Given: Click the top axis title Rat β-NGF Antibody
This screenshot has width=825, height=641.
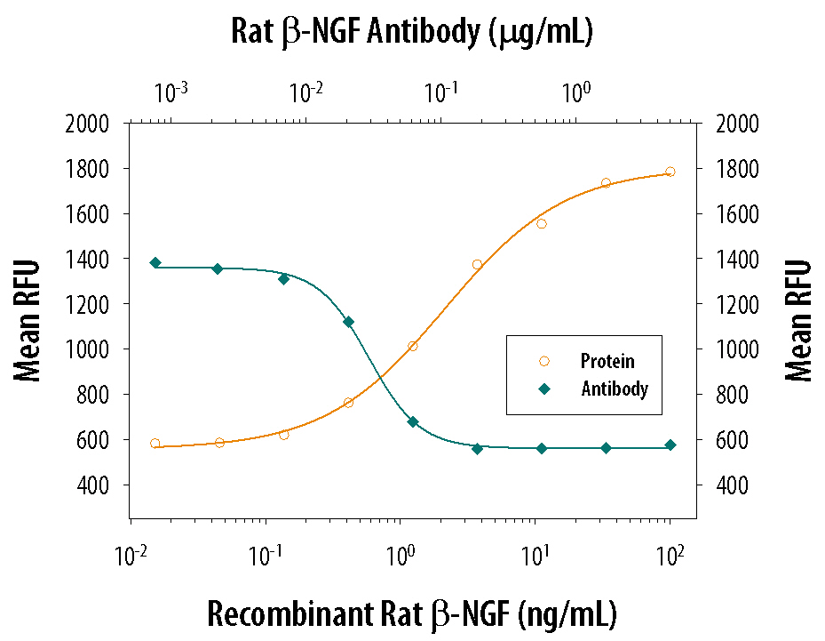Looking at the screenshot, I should pyautogui.click(x=411, y=32).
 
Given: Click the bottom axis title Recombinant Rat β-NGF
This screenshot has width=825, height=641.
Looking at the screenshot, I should pyautogui.click(x=411, y=613).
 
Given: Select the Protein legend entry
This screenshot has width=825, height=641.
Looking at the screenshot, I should pyautogui.click(x=607, y=361).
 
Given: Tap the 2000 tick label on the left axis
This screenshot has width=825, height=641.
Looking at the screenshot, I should pyautogui.click(x=87, y=124).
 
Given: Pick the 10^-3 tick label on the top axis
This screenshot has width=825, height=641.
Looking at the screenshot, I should pyautogui.click(x=171, y=92).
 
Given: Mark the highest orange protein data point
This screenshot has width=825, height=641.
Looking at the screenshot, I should pyautogui.click(x=670, y=172).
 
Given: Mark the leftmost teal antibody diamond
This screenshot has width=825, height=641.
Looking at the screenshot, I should pyautogui.click(x=155, y=262).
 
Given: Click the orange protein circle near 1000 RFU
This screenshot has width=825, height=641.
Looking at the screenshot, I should pyautogui.click(x=412, y=346).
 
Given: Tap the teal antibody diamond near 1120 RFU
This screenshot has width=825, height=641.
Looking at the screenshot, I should pyautogui.click(x=348, y=322).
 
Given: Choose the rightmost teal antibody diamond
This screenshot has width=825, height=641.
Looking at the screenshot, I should pyautogui.click(x=670, y=445).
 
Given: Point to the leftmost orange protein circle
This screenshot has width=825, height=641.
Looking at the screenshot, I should pyautogui.click(x=155, y=443).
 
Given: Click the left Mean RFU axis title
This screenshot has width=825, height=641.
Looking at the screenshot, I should pyautogui.click(x=29, y=320).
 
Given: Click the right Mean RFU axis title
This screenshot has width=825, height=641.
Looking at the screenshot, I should pyautogui.click(x=799, y=320).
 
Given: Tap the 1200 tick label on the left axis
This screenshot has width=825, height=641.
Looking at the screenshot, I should pyautogui.click(x=87, y=304).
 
